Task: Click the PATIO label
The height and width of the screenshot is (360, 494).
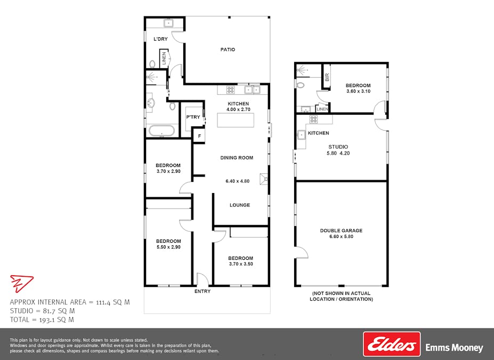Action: pyautogui.click(x=228, y=50)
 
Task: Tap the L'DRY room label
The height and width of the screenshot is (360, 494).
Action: pyautogui.click(x=160, y=39)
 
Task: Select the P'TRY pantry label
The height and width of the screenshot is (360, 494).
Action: pyautogui.click(x=193, y=117)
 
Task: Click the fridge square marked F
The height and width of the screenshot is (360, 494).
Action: pyautogui.click(x=199, y=136)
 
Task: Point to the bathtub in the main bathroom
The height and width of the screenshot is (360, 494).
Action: pyautogui.click(x=161, y=131)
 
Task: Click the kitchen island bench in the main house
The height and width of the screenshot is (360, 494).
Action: pyautogui.click(x=236, y=120)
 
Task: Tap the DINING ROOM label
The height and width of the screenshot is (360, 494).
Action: pyautogui.click(x=237, y=158)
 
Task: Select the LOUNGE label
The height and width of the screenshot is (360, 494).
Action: pyautogui.click(x=240, y=205)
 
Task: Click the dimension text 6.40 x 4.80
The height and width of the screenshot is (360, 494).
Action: pyautogui.click(x=238, y=181)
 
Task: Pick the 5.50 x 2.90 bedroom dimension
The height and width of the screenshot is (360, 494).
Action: pyautogui.click(x=168, y=247)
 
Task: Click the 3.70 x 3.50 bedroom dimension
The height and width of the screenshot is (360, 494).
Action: pyautogui.click(x=241, y=264)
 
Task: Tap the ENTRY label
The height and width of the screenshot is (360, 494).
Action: pyautogui.click(x=203, y=291)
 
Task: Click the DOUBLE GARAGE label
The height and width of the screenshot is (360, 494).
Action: pyautogui.click(x=341, y=230)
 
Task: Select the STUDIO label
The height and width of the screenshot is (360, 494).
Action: pyautogui.click(x=338, y=147)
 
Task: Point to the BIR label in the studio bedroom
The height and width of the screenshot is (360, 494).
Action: pyautogui.click(x=327, y=77)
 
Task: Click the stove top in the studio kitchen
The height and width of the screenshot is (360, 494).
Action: pyautogui.click(x=313, y=119)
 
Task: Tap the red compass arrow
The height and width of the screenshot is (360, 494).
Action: pyautogui.click(x=21, y=283)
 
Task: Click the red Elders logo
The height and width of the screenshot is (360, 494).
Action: pyautogui.click(x=392, y=344)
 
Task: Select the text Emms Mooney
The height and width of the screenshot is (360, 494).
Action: pyautogui.click(x=454, y=348)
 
